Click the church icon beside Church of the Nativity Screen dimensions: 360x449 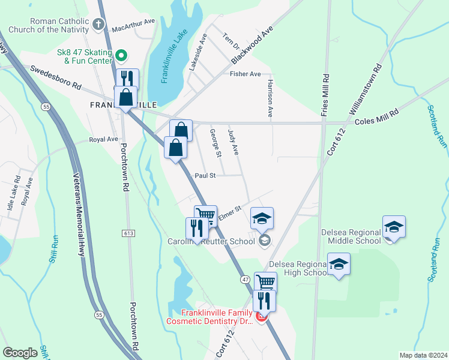(98, 25)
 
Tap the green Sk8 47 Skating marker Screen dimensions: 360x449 (121, 56)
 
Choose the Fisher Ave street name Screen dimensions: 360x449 (245, 74)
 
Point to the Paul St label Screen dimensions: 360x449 (205, 175)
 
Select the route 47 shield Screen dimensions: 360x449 (246, 280)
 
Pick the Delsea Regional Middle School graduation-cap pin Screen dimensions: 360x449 (394, 227)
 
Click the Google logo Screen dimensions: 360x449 (20, 353)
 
